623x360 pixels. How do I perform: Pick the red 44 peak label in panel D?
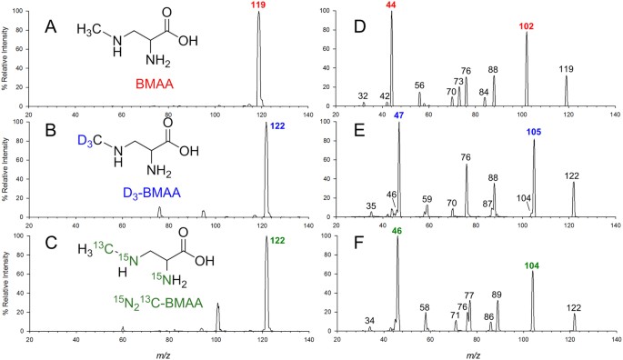tap(391, 5)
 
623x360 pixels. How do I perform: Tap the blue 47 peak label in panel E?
tap(398, 125)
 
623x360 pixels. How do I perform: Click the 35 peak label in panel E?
tap(371, 206)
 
